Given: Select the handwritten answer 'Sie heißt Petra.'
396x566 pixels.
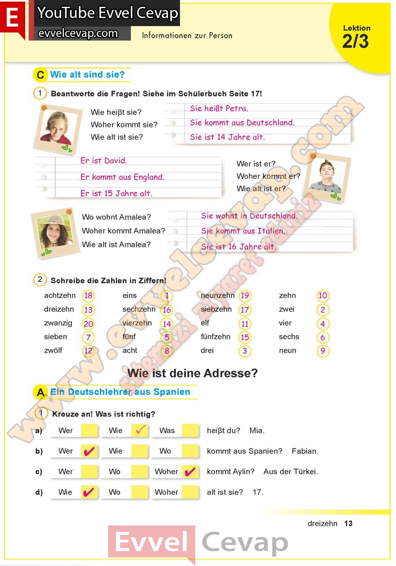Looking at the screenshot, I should [219, 109].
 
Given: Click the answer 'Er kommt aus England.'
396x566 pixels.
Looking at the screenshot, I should [122, 177].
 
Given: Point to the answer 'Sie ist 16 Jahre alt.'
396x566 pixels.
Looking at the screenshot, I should [238, 247].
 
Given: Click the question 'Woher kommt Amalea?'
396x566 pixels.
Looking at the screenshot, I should [123, 231].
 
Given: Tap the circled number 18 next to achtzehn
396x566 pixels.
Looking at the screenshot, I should [88, 296].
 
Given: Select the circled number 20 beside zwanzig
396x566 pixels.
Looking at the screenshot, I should [88, 323].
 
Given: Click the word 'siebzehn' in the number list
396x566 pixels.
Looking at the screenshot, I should [216, 309].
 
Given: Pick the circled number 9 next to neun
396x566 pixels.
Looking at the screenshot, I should [323, 351].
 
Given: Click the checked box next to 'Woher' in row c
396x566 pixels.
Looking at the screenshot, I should [190, 471].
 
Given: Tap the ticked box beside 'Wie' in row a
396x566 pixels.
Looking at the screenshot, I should [140, 430].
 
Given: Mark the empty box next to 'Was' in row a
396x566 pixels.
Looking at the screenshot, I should [190, 430].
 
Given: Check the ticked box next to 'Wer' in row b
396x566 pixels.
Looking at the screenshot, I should [90, 451].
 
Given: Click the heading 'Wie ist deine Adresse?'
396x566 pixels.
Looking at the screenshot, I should [193, 373].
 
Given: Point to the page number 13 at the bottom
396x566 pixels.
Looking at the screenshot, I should [348, 523].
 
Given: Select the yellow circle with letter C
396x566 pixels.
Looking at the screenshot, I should [40, 75].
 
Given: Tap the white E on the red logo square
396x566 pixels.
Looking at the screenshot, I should [13, 18].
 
